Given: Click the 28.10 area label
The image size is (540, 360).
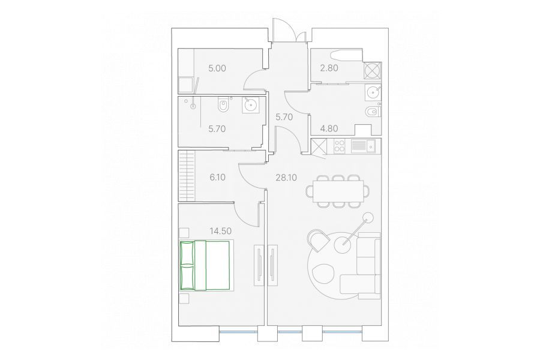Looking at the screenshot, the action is click(286, 178).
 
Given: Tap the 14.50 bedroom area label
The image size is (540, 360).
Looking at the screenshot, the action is click(220, 231).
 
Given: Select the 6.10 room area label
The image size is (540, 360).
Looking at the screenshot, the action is click(217, 178).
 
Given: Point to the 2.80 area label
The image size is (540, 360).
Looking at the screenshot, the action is click(329, 68).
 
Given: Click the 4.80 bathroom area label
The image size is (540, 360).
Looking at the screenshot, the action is click(329, 129).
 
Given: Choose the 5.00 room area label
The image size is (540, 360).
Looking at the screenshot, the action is click(217, 68).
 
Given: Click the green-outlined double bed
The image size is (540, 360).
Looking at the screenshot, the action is click(205, 265).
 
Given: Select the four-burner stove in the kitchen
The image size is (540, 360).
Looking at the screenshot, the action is click(340, 146).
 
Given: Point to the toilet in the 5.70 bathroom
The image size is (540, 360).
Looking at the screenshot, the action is click(223, 105).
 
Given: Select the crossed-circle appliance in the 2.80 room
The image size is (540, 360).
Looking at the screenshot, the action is click(373, 71).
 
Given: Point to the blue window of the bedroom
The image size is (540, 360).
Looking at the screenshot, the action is click(238, 332).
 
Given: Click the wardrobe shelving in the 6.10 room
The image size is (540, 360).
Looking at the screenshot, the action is click(187, 176).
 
